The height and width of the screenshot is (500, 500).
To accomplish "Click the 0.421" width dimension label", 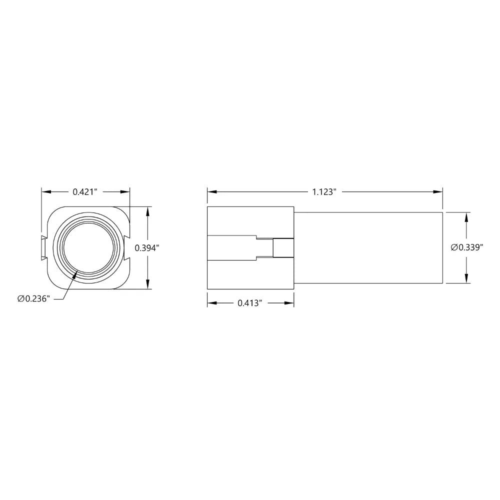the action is pos(85,192).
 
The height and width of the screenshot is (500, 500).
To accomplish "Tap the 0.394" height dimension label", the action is pos(146,248).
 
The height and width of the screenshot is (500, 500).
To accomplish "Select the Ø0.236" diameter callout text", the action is pos(34,299).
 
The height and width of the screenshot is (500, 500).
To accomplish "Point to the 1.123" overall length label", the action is pos(324,192).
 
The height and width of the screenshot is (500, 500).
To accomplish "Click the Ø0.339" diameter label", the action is pos(467,247).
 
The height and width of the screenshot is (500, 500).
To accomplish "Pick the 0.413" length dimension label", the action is pos(250,303).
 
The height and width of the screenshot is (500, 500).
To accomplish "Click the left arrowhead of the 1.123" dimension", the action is pos(212,192).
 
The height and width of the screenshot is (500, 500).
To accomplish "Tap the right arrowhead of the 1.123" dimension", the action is pos(438,192).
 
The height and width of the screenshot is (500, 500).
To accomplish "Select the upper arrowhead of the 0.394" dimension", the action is pos(147,211).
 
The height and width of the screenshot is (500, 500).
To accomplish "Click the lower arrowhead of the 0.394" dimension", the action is pos(147,284).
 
